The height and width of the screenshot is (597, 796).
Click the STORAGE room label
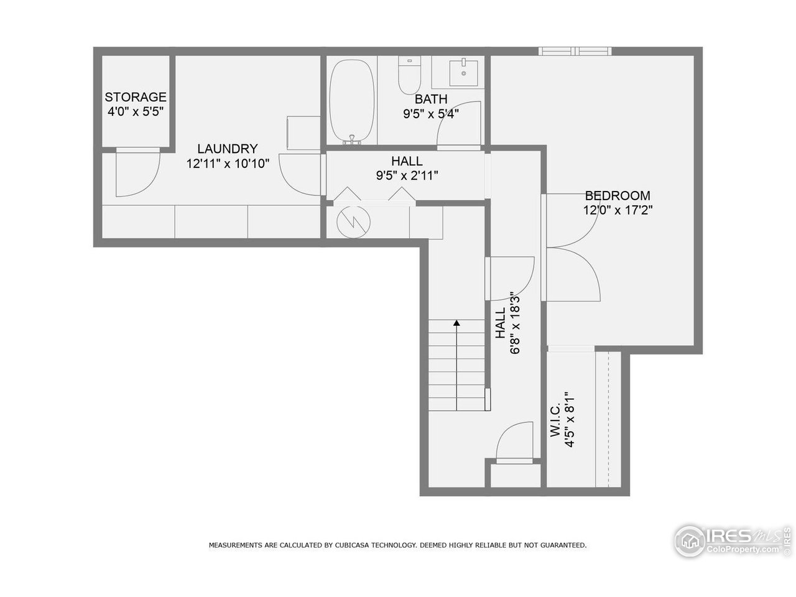136,97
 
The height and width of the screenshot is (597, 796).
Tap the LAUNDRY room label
227,149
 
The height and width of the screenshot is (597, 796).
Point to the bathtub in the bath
351,103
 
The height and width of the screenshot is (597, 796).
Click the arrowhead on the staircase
456,323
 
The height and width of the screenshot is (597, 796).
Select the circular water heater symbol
352,220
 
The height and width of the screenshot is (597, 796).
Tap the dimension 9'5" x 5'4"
430,113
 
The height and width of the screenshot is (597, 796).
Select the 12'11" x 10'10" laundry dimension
227,164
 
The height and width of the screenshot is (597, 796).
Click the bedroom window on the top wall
575,51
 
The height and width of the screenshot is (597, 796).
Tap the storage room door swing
138,174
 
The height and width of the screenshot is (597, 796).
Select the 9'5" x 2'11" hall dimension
407,175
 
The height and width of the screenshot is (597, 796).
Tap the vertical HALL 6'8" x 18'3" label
506,323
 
